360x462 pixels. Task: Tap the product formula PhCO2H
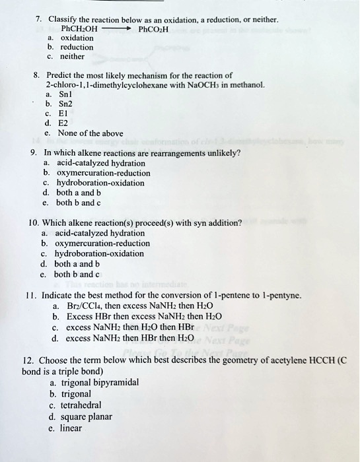[x=154, y=29]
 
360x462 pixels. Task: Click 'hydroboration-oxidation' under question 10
[x=100, y=253]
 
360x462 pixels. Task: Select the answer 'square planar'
[x=85, y=416]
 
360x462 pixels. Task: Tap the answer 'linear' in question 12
[x=71, y=428]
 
